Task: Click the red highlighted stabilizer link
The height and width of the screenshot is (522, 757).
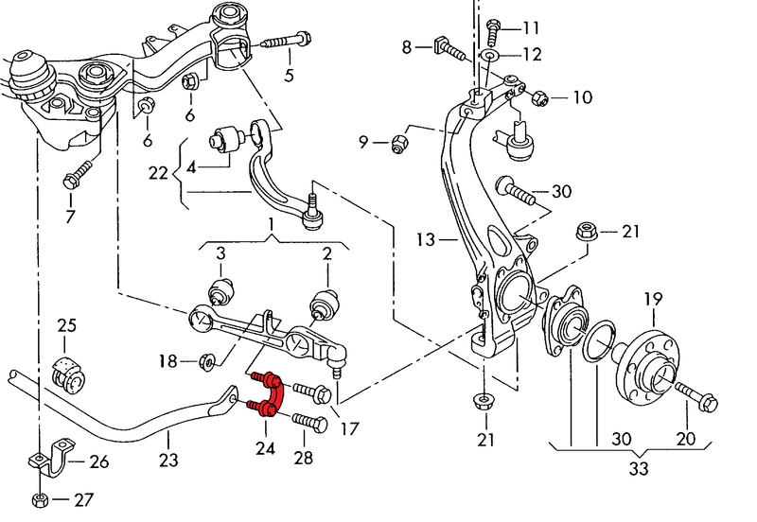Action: click(x=267, y=392)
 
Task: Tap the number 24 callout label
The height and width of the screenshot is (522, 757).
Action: click(x=265, y=447)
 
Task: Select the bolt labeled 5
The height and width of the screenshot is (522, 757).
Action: click(x=278, y=41)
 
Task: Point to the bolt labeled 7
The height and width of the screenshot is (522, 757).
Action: click(x=75, y=176)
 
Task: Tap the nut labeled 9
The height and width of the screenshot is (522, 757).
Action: click(x=399, y=144)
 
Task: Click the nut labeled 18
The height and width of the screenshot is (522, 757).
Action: click(x=209, y=359)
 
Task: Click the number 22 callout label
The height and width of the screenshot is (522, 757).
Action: click(x=158, y=173)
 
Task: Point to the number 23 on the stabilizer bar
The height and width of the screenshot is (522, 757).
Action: click(x=167, y=461)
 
